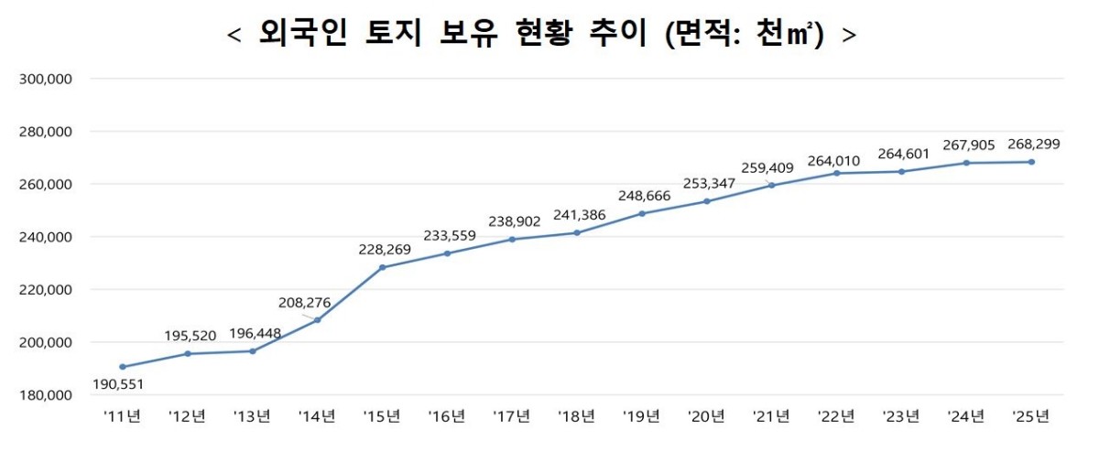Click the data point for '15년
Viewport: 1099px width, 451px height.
click(382, 267)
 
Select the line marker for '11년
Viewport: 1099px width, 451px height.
click(123, 367)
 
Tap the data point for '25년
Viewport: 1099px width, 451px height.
click(1031, 162)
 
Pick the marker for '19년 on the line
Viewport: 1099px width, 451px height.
click(641, 213)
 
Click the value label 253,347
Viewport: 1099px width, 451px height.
click(709, 183)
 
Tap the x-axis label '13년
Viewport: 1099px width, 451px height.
click(252, 416)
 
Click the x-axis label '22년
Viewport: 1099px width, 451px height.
click(836, 416)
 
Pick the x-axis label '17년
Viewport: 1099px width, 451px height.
click(512, 416)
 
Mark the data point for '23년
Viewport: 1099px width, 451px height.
click(901, 171)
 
